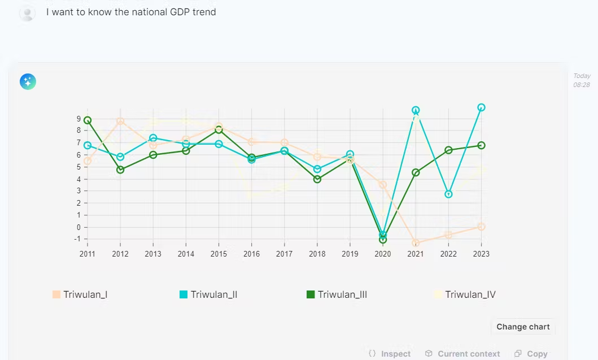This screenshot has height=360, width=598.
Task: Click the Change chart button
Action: (x=523, y=327)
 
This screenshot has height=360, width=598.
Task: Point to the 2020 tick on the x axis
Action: (x=383, y=254)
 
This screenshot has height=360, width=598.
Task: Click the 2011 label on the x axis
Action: (x=88, y=254)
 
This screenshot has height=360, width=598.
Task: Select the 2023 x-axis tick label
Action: (x=481, y=254)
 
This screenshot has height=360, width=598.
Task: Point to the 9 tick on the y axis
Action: (x=79, y=119)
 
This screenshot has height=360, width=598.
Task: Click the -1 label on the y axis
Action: (x=78, y=239)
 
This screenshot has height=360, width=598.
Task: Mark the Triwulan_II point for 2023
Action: (x=481, y=107)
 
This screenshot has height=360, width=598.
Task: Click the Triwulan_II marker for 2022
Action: (x=448, y=194)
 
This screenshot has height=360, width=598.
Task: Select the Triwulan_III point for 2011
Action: (x=88, y=120)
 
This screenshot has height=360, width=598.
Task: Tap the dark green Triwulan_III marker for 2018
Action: (x=317, y=179)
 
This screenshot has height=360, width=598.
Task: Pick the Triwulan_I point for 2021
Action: (x=416, y=244)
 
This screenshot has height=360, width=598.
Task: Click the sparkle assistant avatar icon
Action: (x=28, y=82)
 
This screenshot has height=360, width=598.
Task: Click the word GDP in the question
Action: (x=175, y=12)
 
